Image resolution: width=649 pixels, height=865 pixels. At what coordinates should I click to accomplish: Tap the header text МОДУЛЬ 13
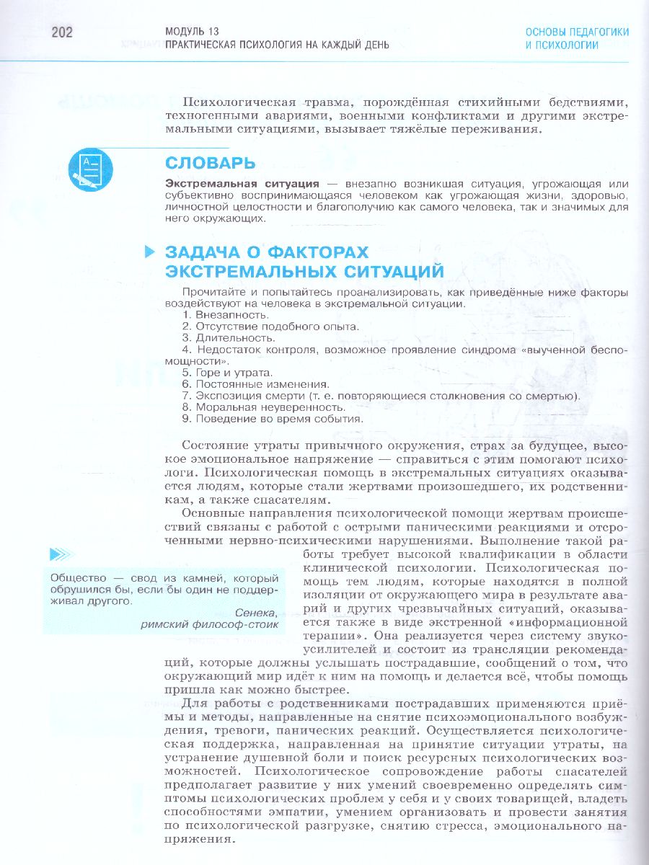192,32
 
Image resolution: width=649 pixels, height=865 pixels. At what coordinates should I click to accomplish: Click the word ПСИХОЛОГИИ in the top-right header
562,45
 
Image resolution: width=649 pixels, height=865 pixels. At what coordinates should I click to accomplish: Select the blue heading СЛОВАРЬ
210,163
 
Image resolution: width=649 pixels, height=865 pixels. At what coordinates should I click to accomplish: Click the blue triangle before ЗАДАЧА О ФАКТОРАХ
150,252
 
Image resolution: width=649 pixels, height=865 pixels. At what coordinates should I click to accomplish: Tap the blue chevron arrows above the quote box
58,555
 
